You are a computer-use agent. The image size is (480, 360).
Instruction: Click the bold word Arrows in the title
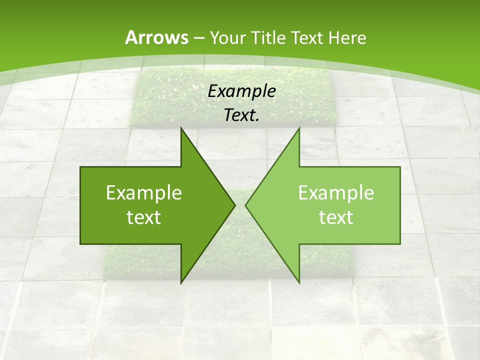(156, 37)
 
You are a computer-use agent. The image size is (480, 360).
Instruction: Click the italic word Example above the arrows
(241, 91)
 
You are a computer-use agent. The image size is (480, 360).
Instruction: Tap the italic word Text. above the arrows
(241, 115)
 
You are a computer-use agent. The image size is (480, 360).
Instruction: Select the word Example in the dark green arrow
(144, 193)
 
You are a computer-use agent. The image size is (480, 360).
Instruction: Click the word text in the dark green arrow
(144, 217)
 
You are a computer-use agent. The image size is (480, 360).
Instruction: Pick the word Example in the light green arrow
(336, 193)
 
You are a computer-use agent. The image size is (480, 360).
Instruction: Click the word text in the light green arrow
(336, 217)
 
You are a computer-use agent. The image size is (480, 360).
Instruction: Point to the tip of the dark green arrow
(234, 205)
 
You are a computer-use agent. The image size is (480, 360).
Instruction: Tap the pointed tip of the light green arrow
(246, 205)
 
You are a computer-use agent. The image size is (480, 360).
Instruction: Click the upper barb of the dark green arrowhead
(182, 131)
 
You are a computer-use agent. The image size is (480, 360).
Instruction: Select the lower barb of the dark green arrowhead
(182, 280)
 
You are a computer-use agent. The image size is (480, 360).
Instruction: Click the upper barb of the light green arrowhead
(298, 131)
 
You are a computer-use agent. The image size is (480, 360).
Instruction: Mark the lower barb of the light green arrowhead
(298, 280)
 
